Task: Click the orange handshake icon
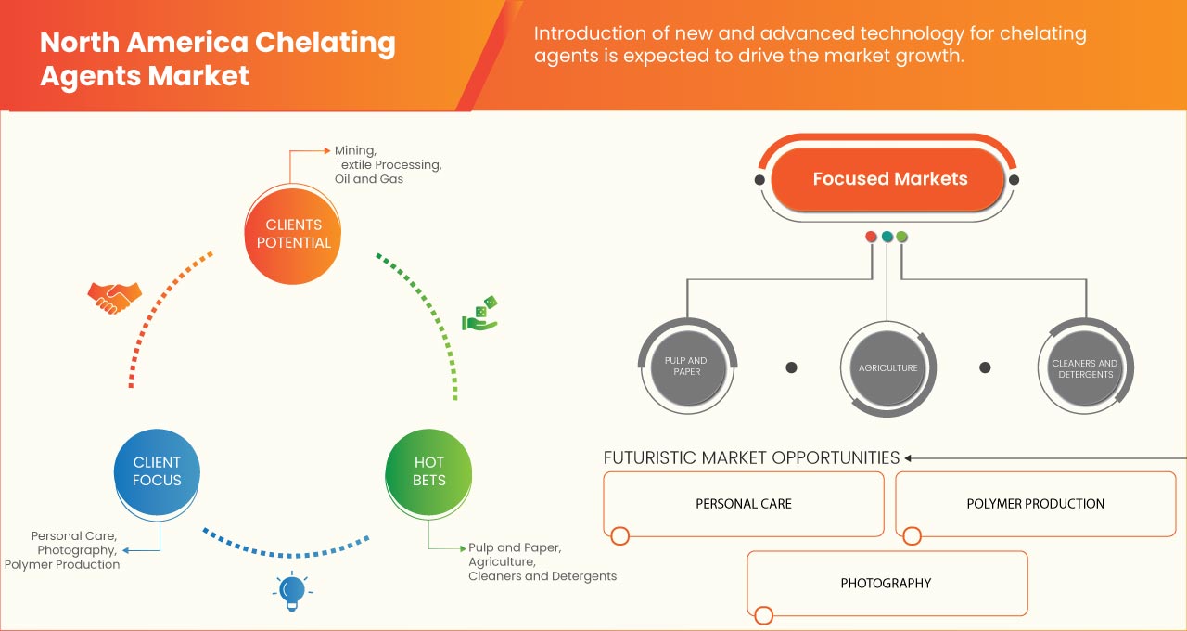point(115,297)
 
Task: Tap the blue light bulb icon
point(292,590)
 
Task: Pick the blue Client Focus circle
point(157,471)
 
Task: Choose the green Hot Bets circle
point(428,471)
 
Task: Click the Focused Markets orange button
point(889,179)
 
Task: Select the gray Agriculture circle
point(887,367)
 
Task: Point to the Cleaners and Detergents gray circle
point(1084,368)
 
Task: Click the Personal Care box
point(744,504)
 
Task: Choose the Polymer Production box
point(1035,504)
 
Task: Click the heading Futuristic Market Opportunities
point(751,457)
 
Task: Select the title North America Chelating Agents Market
point(218,58)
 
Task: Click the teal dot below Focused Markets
point(887,237)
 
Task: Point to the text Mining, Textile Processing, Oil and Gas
point(388,164)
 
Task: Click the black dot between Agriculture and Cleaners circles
point(986,367)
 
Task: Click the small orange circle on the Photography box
point(763,615)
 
